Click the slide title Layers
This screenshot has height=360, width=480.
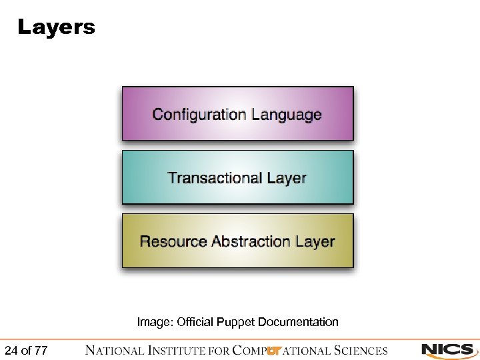coord(56,28)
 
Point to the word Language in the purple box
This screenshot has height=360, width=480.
coord(285,115)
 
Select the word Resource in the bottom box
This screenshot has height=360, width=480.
coord(173,241)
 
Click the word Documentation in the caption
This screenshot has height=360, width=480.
coord(298,322)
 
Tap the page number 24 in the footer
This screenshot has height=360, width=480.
coord(11,351)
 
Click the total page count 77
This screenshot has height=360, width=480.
coord(41,351)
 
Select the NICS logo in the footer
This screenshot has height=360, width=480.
coord(447,350)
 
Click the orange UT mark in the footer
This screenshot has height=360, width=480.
coord(273,351)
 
